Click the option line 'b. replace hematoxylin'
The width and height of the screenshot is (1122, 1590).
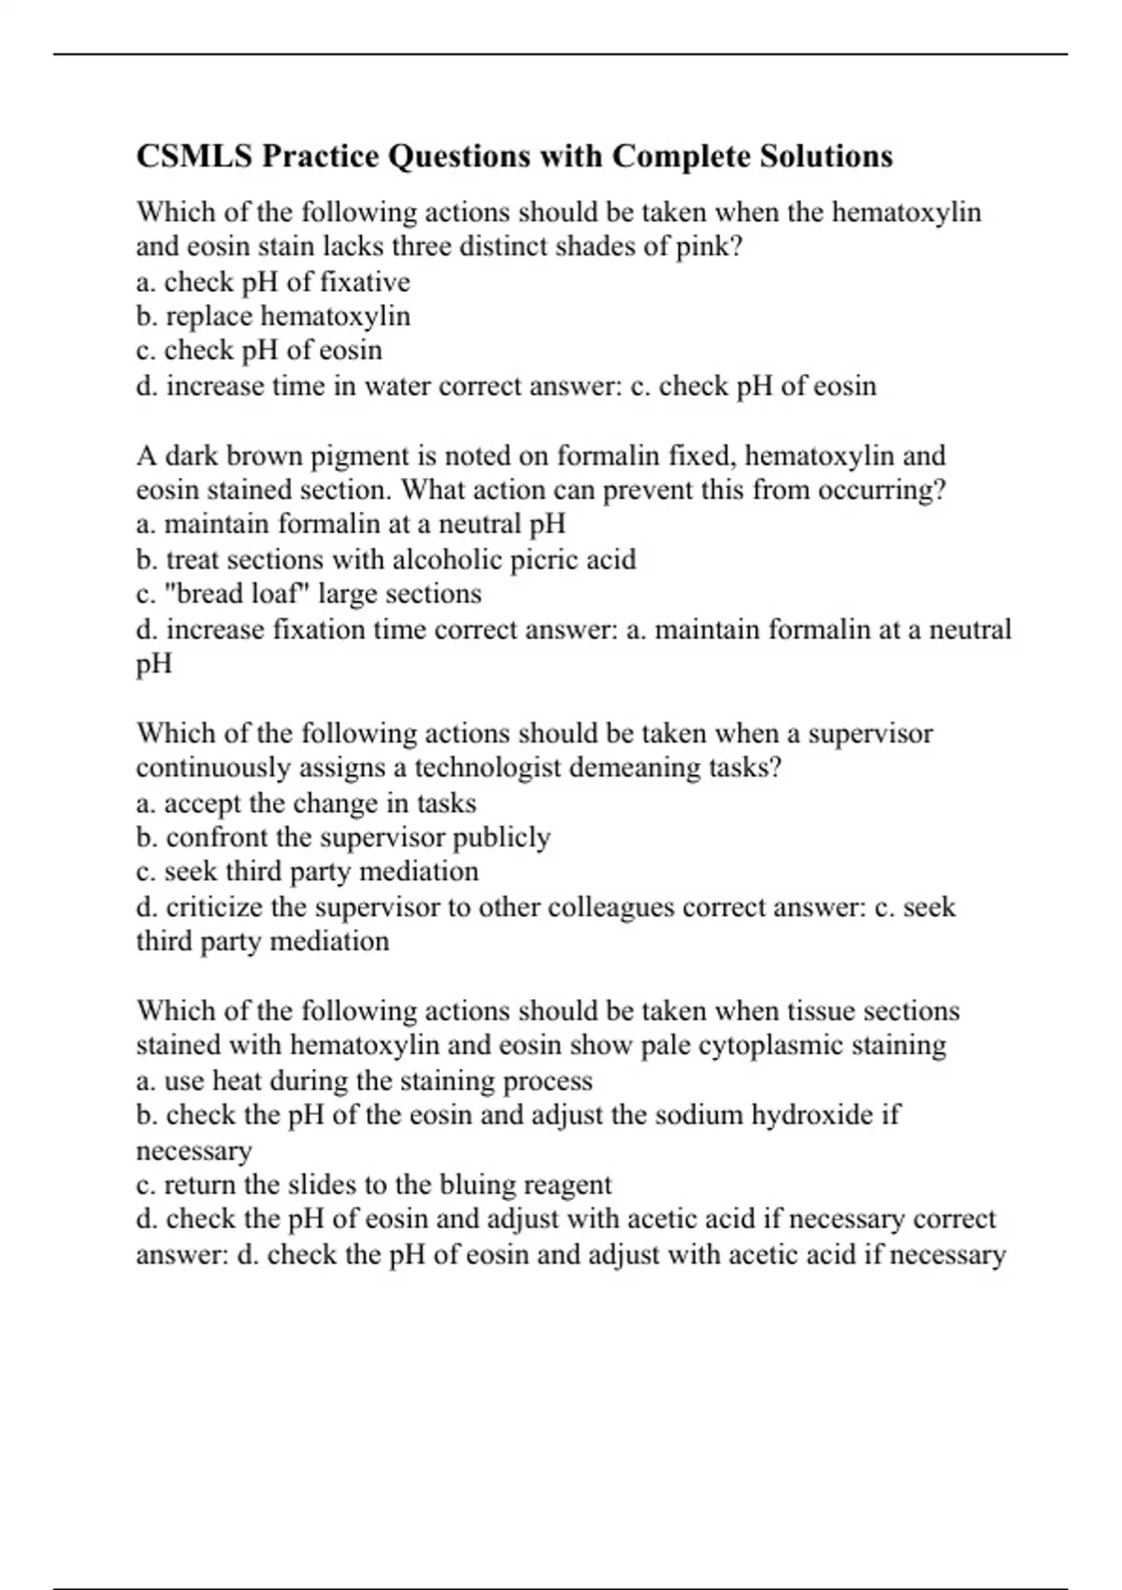pyautogui.click(x=273, y=316)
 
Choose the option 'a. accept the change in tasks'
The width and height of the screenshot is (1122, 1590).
pyautogui.click(x=306, y=802)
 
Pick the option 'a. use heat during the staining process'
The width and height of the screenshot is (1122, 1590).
pyautogui.click(x=364, y=1080)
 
